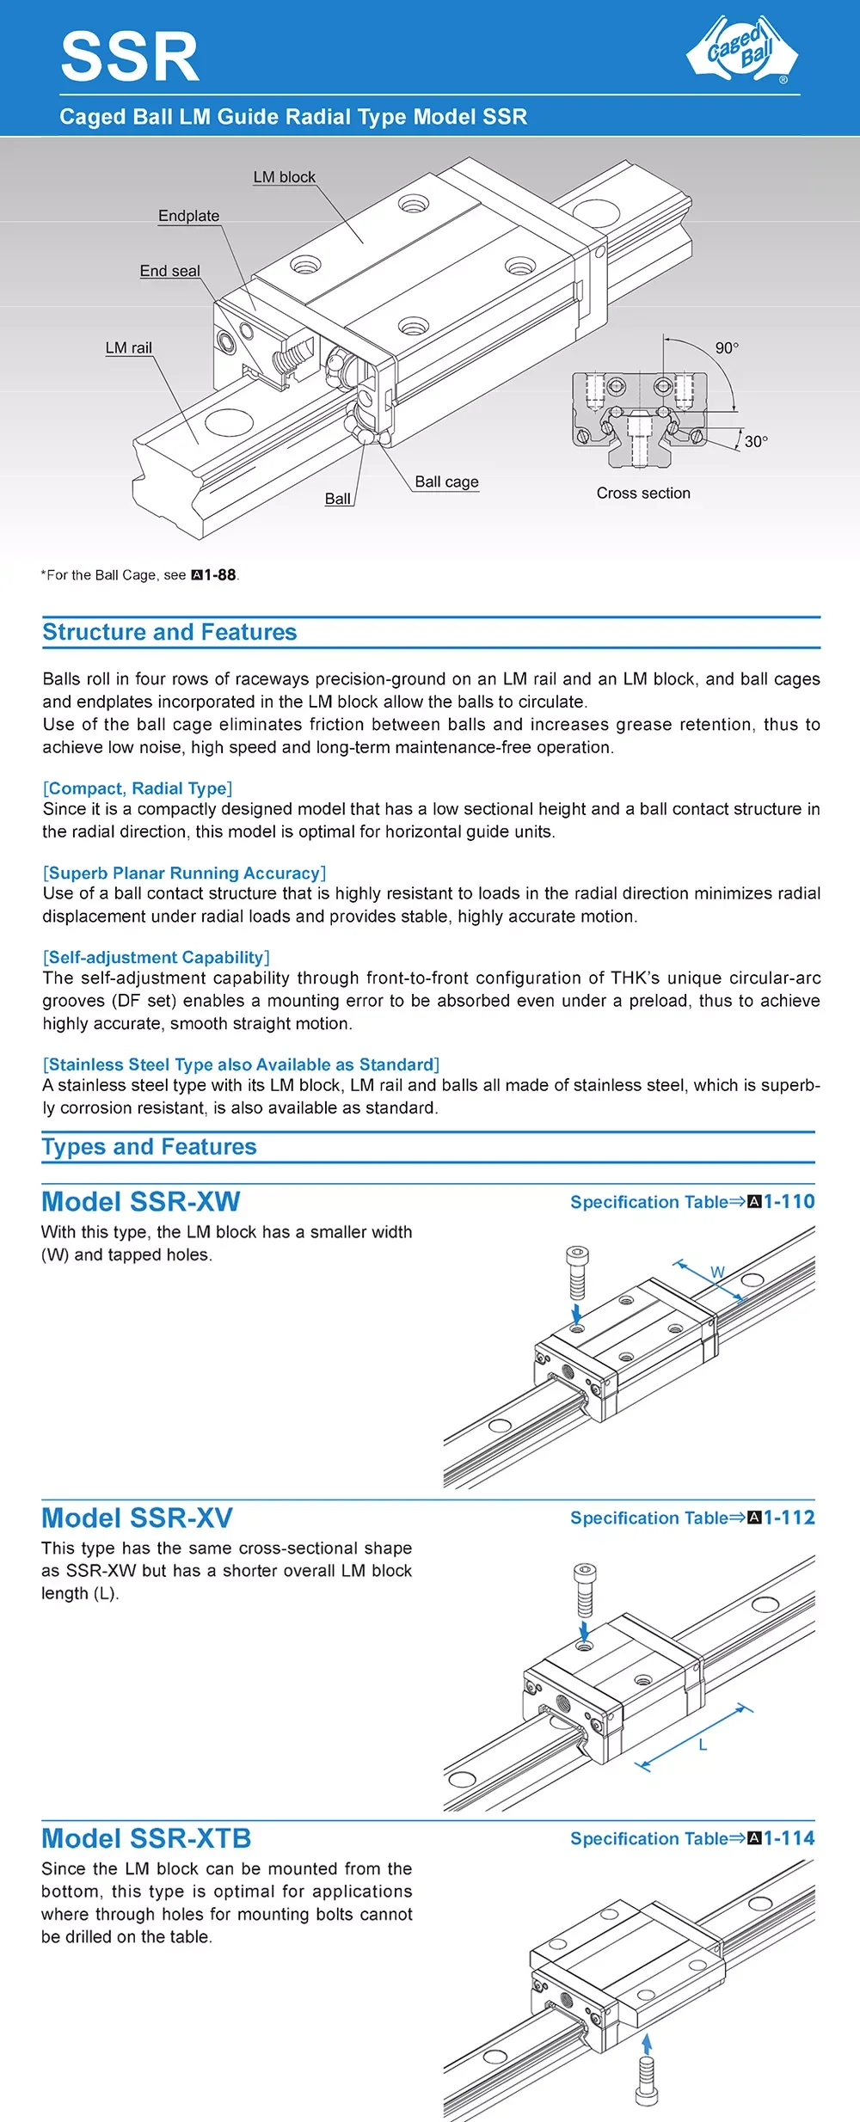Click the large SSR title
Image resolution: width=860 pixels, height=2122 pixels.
[130, 58]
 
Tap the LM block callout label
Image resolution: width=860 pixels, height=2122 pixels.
[284, 177]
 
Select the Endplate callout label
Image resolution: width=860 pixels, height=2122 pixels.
[188, 216]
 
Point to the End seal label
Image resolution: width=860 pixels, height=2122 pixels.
[169, 271]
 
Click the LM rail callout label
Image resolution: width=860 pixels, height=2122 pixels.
[128, 347]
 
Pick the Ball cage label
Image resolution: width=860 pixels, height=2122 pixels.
[446, 481]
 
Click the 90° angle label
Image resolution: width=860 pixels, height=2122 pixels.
[727, 347]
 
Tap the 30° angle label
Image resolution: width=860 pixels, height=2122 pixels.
[756, 441]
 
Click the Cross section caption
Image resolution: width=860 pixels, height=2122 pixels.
[643, 493]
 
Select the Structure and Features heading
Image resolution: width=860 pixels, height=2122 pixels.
[169, 632]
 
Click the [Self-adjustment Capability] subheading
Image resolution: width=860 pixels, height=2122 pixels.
[157, 957]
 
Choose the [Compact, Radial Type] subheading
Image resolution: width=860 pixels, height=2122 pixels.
[138, 788]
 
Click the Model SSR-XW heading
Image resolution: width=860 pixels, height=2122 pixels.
[141, 1201]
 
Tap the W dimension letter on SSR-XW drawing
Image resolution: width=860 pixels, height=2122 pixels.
[717, 1273]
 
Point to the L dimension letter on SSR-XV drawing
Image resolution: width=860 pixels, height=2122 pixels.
[703, 1745]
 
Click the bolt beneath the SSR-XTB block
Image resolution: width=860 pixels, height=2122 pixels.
[647, 2083]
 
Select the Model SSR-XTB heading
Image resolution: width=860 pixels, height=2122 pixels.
[146, 1838]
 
